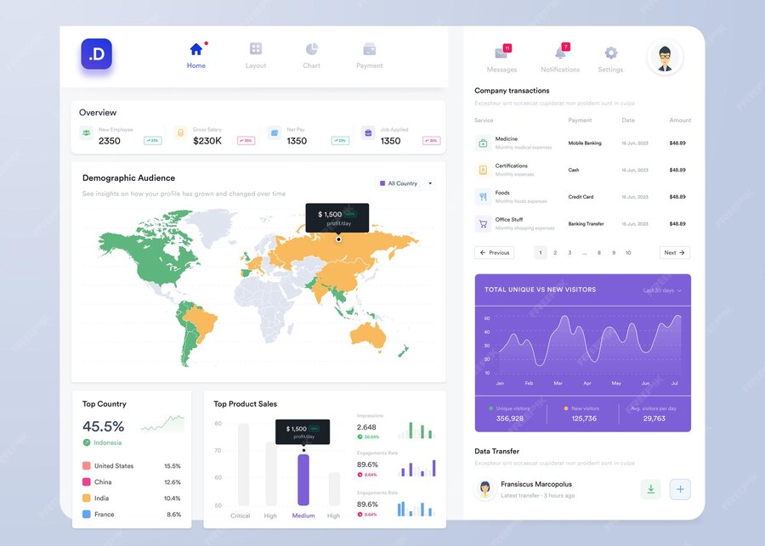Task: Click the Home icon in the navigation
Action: [x=196, y=49]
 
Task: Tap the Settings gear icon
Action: [x=610, y=53]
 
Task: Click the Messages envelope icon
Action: [x=501, y=53]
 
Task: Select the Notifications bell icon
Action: [x=559, y=53]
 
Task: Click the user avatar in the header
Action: [x=665, y=58]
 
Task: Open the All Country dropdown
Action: [x=405, y=183]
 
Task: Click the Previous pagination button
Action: [x=494, y=252]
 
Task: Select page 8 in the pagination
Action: [x=599, y=252]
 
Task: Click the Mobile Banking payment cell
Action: [x=585, y=144]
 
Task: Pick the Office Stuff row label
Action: [x=509, y=220]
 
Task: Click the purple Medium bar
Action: [x=303, y=479]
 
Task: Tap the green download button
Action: [x=650, y=489]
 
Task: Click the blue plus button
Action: [x=680, y=489]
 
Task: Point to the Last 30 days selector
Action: [x=662, y=290]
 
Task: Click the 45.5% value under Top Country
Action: [x=104, y=426]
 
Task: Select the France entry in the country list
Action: [x=104, y=515]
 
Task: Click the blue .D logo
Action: [x=97, y=54]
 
